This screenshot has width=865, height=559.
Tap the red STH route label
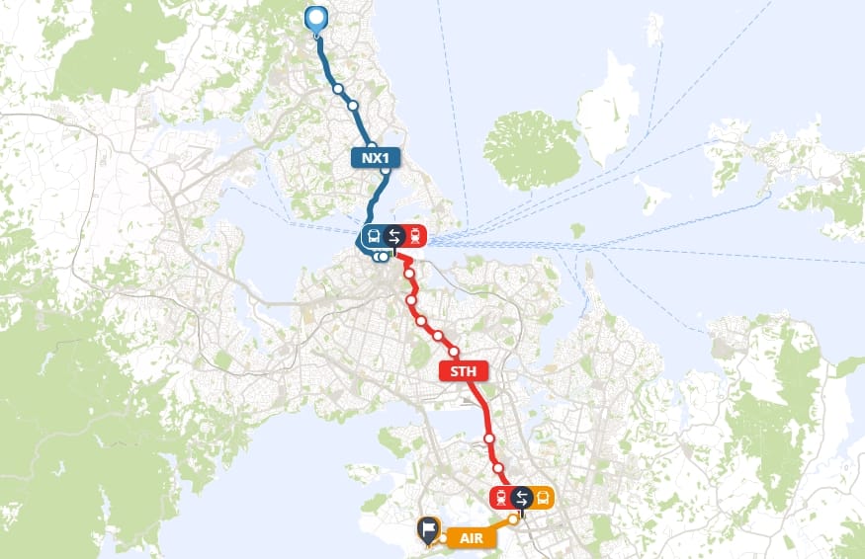tap(463, 372)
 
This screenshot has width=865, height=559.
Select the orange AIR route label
tap(470, 537)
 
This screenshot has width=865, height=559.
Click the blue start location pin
tap(316, 20)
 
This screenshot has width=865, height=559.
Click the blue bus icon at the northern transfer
tap(373, 237)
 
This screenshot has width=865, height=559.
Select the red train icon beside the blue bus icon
tap(416, 237)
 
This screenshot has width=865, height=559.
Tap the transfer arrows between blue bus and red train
tap(394, 237)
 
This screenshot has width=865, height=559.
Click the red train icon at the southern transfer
tap(500, 498)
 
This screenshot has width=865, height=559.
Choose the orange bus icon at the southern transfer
tap(544, 498)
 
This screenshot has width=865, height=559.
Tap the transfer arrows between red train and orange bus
tap(522, 498)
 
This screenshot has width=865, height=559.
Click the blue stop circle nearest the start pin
tap(338, 89)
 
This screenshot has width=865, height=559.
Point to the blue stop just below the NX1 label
tap(386, 171)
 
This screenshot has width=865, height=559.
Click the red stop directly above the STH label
tap(455, 352)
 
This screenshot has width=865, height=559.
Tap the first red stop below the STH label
tap(488, 438)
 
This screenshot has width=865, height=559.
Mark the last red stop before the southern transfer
tap(499, 468)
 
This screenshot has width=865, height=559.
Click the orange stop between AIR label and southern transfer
tap(513, 519)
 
